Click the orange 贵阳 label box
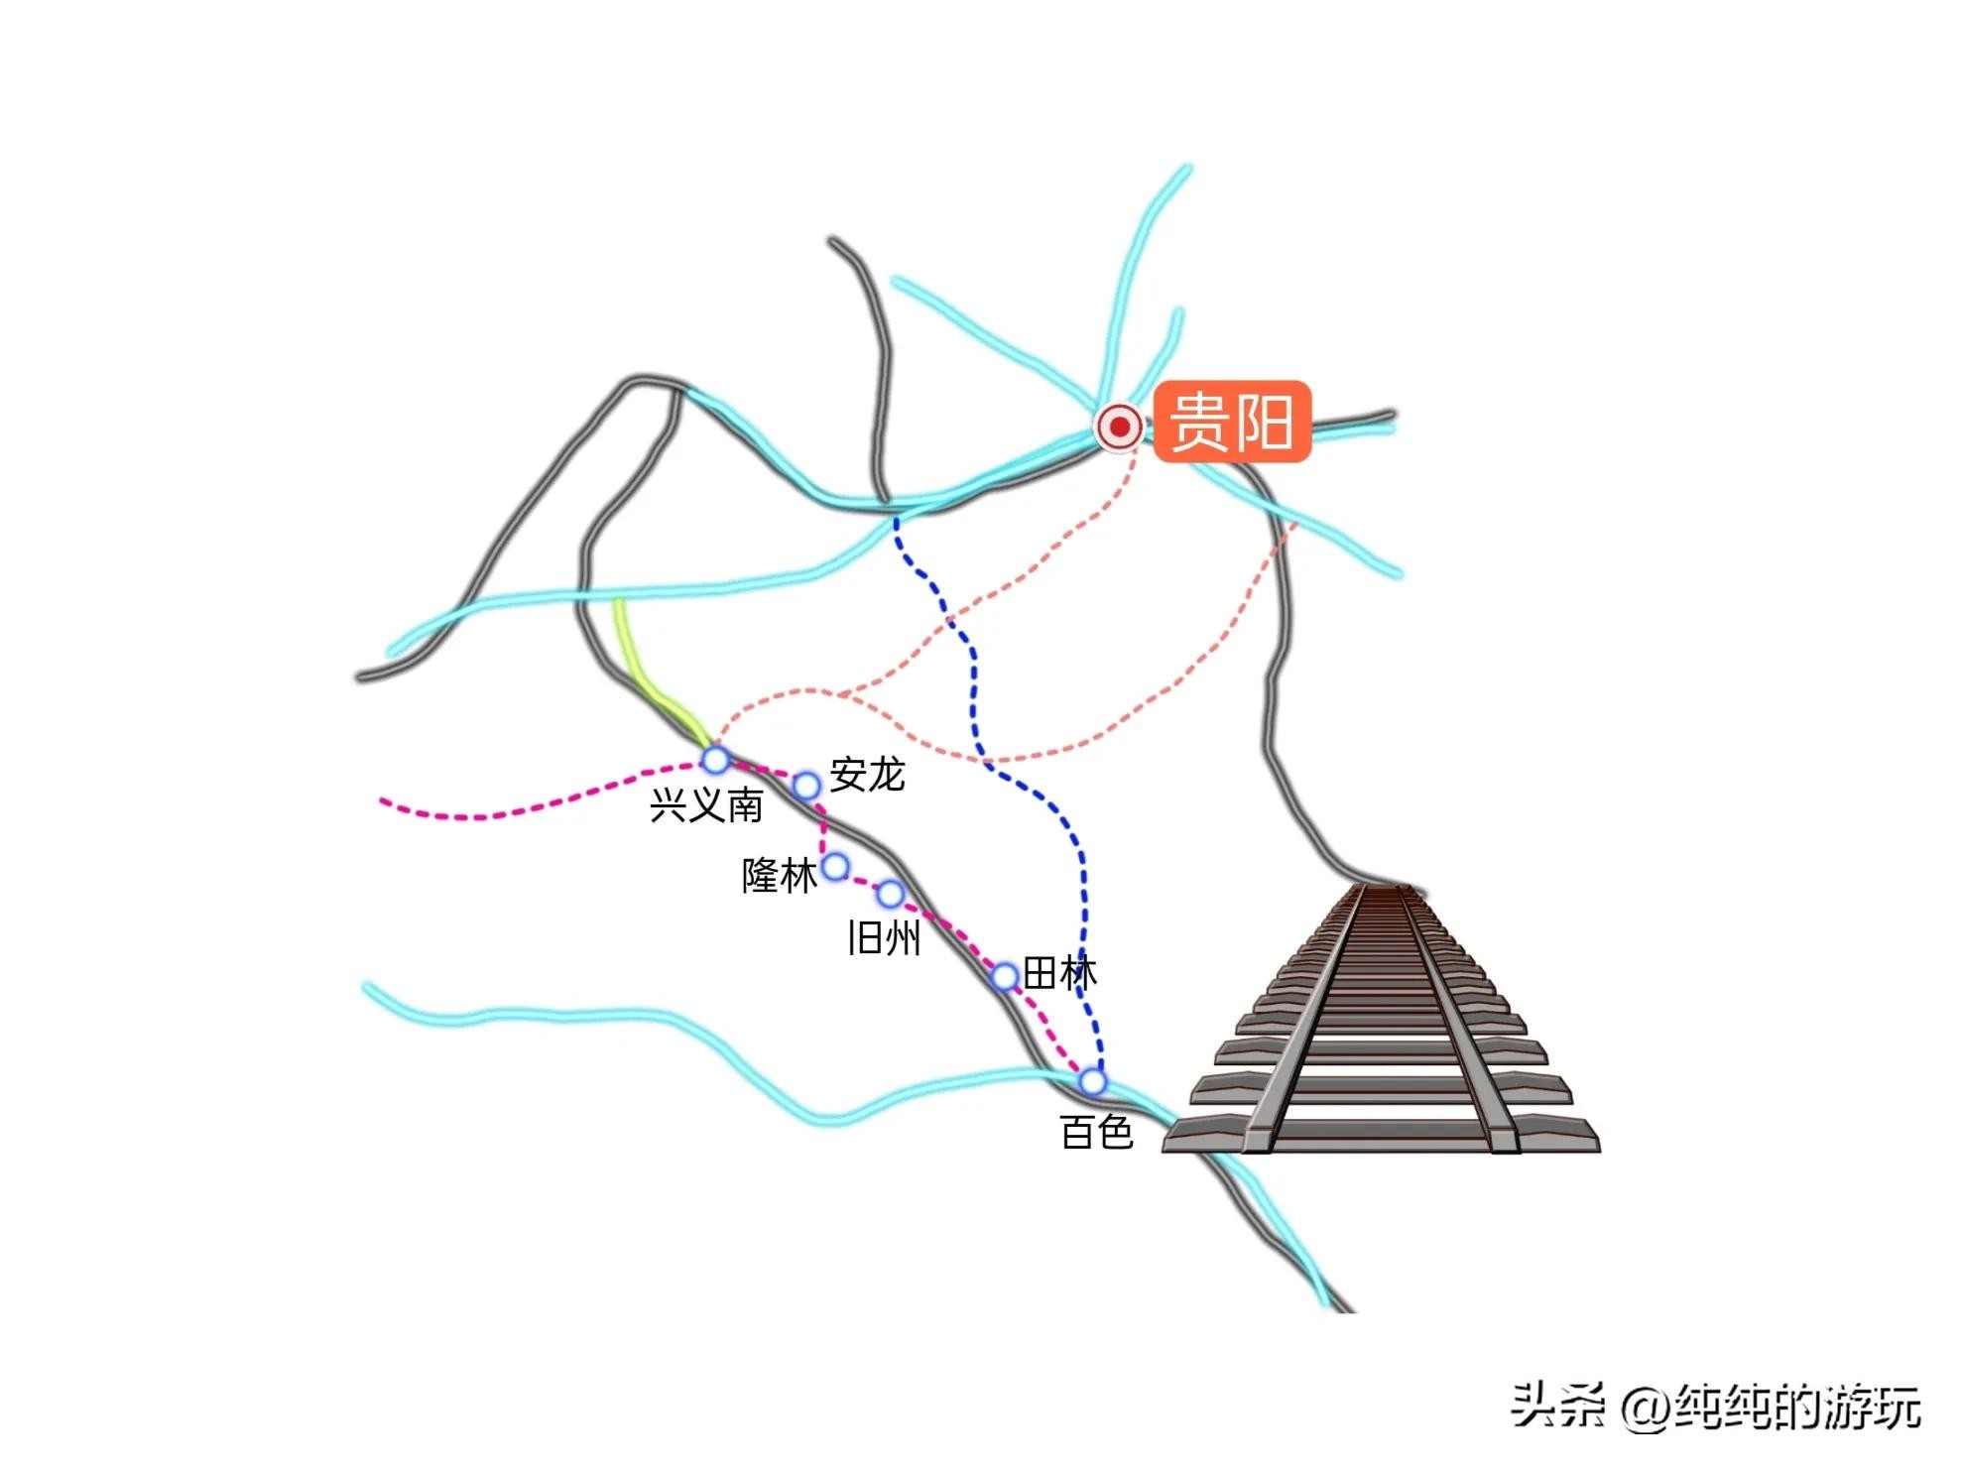click(x=1232, y=422)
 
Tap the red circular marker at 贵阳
click(x=1120, y=428)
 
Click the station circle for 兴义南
click(x=715, y=761)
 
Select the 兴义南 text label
click(x=706, y=805)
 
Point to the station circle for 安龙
click(x=806, y=787)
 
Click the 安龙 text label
click(x=867, y=775)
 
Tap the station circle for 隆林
click(x=836, y=867)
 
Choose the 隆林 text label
click(x=780, y=876)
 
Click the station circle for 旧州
click(x=891, y=895)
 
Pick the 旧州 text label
click(x=884, y=937)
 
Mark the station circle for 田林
click(x=1004, y=976)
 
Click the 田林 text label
click(x=1059, y=973)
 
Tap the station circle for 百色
click(x=1092, y=1080)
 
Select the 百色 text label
click(x=1096, y=1132)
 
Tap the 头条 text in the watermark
click(x=1556, y=1407)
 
